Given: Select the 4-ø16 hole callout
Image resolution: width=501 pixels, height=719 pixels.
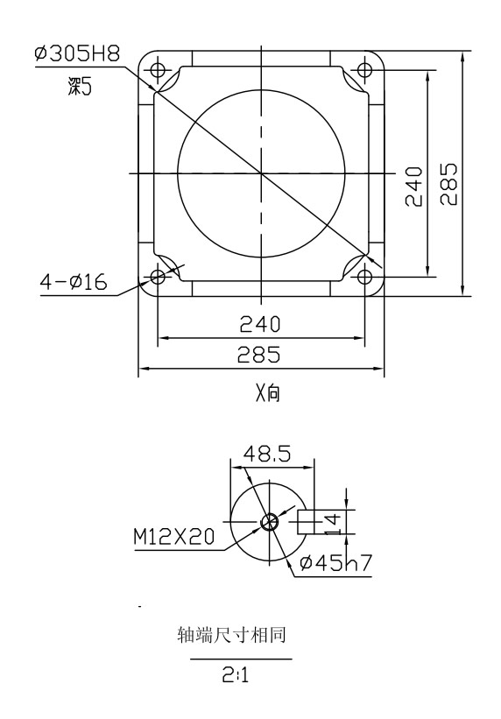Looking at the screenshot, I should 74,282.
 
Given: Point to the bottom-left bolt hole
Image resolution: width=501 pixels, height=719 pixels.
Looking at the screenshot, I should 158,277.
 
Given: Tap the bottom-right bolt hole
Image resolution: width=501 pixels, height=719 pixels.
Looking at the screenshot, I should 365,277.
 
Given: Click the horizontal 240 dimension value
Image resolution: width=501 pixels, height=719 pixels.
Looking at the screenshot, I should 261,326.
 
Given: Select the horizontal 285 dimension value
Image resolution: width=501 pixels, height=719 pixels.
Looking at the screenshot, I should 261,356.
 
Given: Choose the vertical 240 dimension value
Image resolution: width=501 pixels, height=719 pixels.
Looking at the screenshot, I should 413,185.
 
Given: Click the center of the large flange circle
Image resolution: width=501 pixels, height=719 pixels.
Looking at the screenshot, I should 261,173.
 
